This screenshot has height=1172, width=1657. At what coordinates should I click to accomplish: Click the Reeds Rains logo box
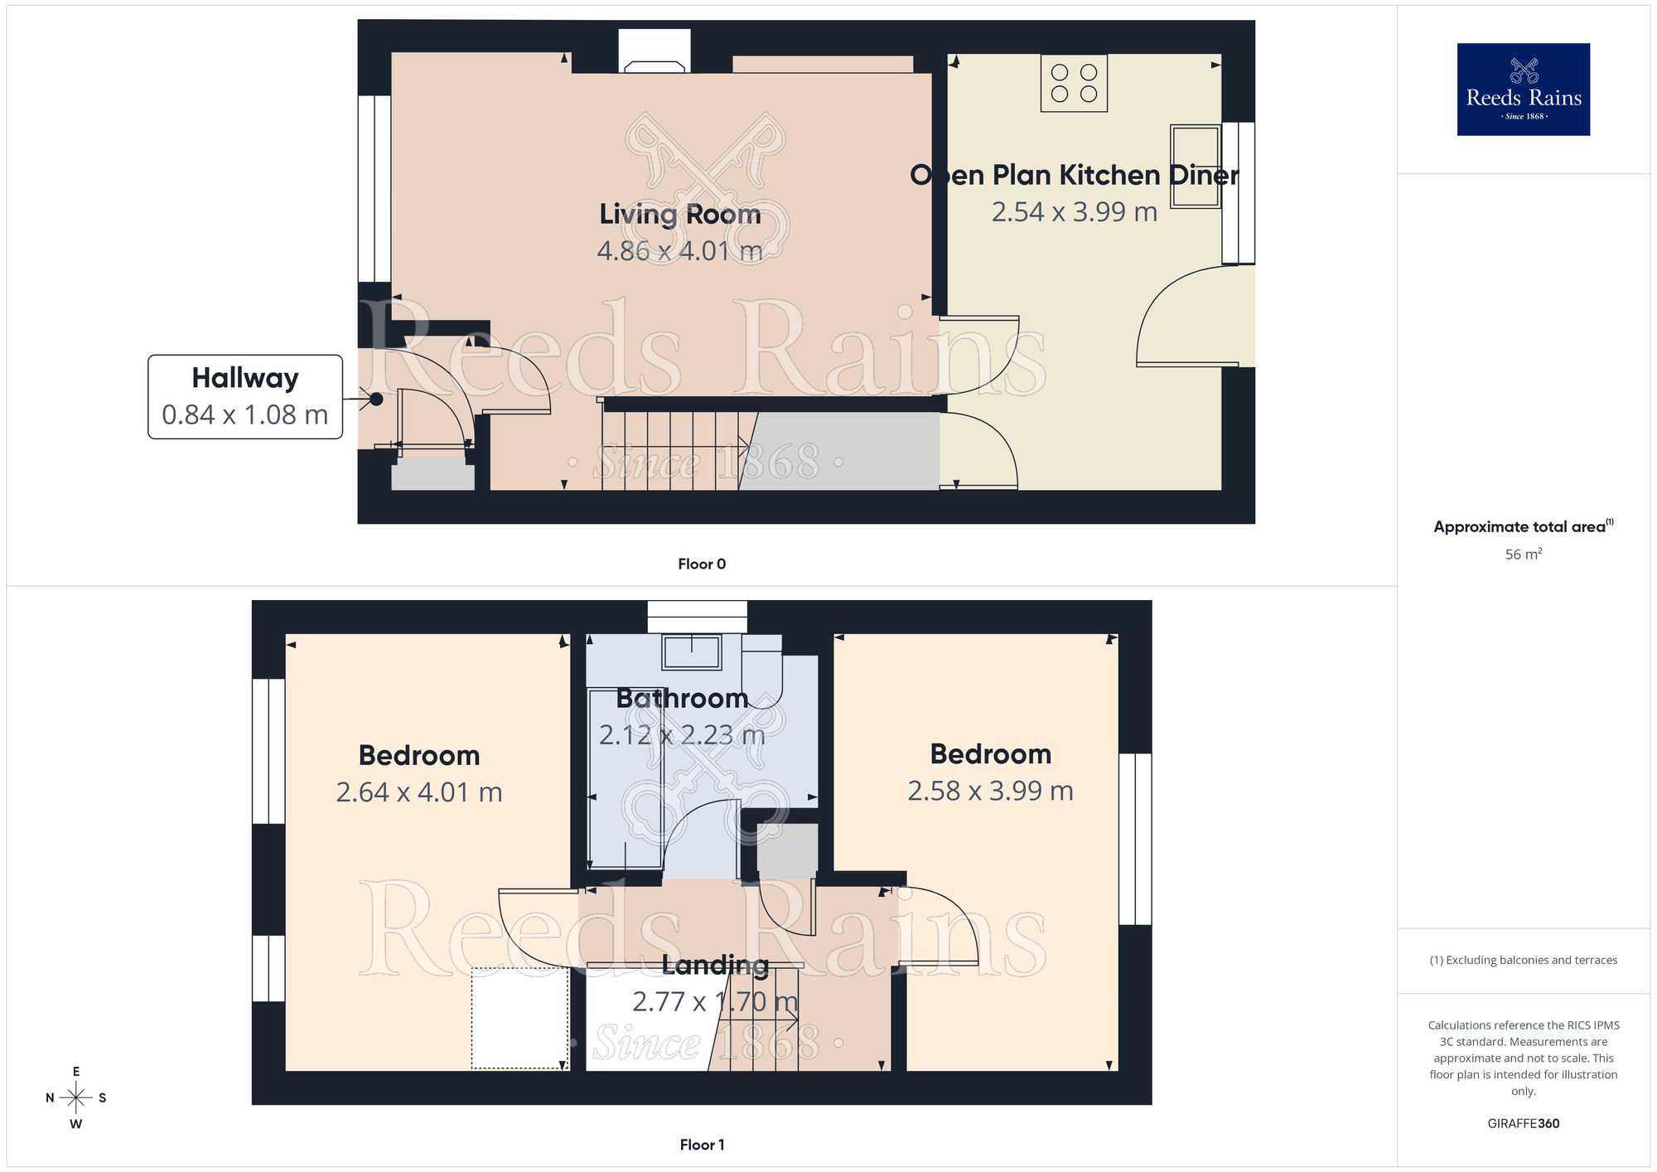(1523, 90)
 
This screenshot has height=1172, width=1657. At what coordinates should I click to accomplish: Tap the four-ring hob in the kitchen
(1074, 83)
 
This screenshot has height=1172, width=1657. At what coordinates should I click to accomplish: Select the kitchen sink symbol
(1195, 166)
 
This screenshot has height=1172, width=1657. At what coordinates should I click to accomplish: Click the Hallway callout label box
(245, 397)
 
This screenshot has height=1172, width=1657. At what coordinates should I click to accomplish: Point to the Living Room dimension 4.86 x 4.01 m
(679, 250)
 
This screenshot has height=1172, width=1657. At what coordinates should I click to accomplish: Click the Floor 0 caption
(702, 564)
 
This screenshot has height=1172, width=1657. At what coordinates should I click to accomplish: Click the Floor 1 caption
(702, 1145)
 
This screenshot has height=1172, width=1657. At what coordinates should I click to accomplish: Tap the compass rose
(76, 1098)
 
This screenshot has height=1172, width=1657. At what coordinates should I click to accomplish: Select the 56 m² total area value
(1523, 555)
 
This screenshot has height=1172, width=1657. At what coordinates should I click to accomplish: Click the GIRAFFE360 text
(1523, 1124)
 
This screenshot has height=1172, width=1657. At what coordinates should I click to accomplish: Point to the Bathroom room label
(682, 699)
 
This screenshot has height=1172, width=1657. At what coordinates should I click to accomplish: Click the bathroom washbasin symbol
(691, 651)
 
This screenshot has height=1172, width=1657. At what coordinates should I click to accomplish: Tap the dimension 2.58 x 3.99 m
(990, 791)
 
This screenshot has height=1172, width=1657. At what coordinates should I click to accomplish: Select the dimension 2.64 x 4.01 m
(419, 792)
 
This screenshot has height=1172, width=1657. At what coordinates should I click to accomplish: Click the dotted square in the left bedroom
(520, 1018)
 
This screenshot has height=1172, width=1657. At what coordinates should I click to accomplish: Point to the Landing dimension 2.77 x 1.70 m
(714, 1002)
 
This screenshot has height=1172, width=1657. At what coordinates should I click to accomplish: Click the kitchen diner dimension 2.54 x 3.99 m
(1074, 212)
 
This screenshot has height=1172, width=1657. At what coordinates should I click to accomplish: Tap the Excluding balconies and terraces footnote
(1523, 960)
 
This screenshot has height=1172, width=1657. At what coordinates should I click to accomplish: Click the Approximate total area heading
(1523, 526)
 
